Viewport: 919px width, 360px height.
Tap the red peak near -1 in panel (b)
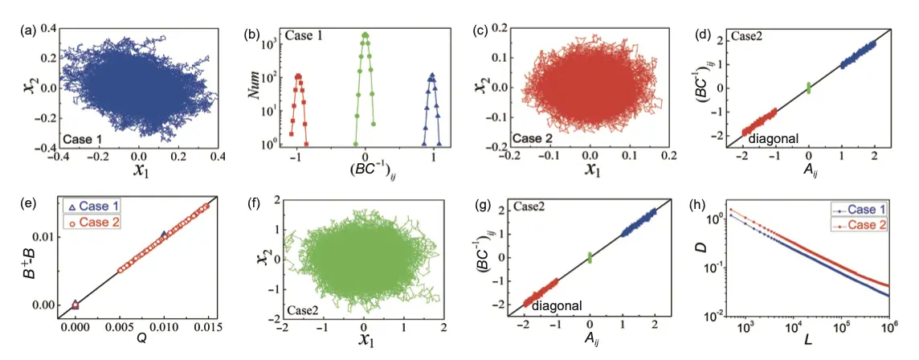(x=299, y=78)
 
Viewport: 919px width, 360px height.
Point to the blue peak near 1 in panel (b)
(x=432, y=78)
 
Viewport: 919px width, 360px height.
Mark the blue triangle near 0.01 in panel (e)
(x=165, y=235)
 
